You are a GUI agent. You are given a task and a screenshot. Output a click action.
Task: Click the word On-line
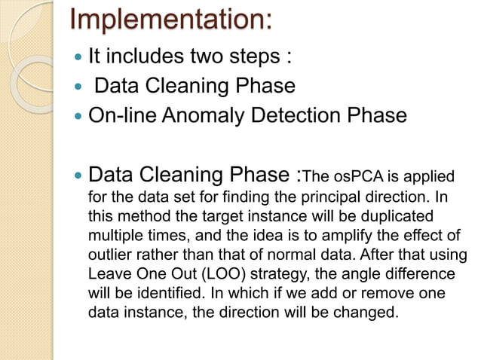click(121, 116)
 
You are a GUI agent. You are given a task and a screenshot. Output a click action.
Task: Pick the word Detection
click(299, 116)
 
